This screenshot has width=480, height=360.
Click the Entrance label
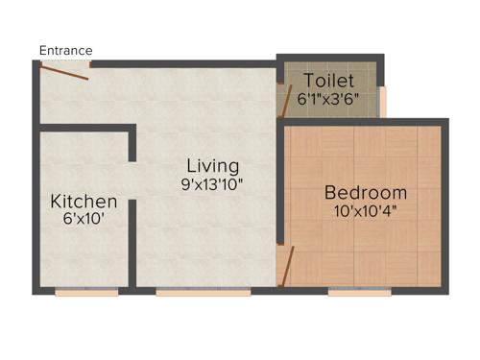click(x=66, y=50)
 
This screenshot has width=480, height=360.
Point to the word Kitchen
click(x=84, y=202)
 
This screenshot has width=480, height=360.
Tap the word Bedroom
click(x=366, y=192)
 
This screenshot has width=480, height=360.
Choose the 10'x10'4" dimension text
click(x=366, y=211)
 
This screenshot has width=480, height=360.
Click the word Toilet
click(x=329, y=81)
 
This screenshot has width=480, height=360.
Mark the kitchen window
click(x=86, y=292)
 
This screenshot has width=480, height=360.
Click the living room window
click(x=189, y=292)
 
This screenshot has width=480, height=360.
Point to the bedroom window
click(x=360, y=292)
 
